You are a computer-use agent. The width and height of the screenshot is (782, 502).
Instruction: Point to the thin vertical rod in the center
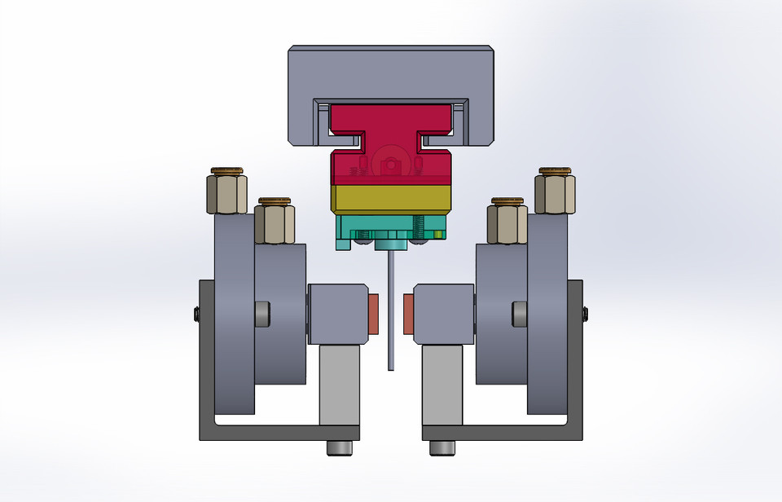click(x=391, y=310)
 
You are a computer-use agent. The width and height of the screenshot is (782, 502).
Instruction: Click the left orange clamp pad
click(x=374, y=314)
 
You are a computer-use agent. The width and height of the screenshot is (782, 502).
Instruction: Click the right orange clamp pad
click(x=409, y=314)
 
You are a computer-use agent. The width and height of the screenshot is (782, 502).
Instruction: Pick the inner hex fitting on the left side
click(x=275, y=223)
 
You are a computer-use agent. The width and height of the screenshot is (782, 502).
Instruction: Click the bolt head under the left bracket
click(x=340, y=447)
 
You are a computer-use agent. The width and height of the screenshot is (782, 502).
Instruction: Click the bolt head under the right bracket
click(x=442, y=447)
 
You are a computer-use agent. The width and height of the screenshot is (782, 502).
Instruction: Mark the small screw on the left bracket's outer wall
click(x=197, y=314)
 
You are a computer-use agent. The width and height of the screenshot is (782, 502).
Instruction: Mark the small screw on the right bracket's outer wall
click(x=585, y=314)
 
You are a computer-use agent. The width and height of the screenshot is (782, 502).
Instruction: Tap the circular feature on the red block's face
click(x=391, y=164)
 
